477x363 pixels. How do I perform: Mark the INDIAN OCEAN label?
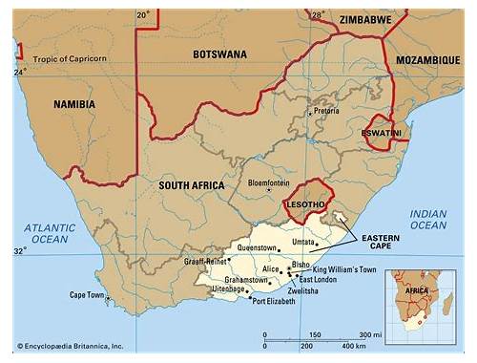428,219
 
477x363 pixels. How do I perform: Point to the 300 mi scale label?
366,334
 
